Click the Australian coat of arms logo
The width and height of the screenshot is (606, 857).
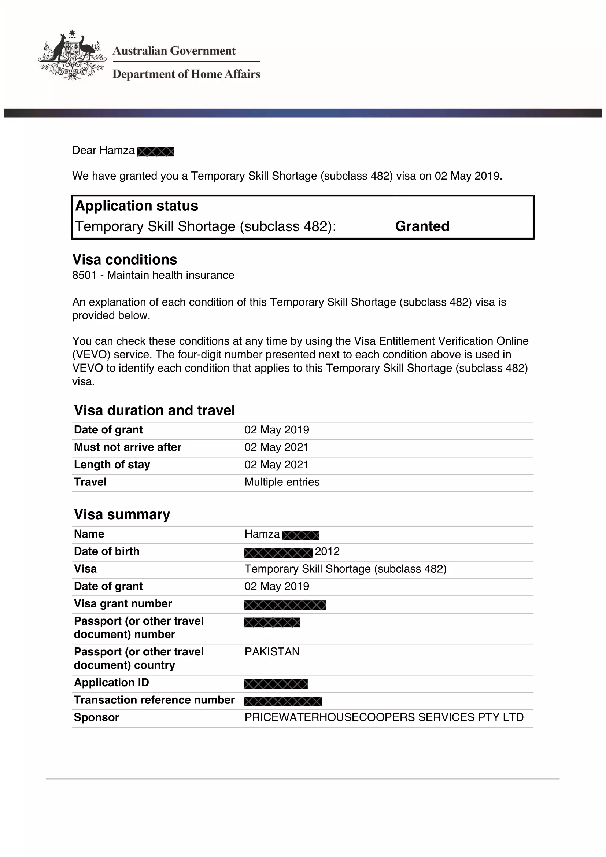[x=71, y=55]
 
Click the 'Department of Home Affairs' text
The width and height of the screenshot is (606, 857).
[x=186, y=74]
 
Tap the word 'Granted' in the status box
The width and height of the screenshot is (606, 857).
[x=422, y=226]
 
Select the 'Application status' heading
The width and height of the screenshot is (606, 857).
[x=137, y=206]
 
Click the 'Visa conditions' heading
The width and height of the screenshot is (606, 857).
[x=125, y=260]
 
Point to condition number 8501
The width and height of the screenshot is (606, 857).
[x=84, y=276]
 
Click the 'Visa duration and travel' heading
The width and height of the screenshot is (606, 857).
[x=155, y=411]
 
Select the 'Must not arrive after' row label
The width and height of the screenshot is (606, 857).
[x=128, y=447]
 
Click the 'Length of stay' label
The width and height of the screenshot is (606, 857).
[x=112, y=465]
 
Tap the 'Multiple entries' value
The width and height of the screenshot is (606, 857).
[x=282, y=482]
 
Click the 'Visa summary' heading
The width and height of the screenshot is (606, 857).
[x=122, y=515]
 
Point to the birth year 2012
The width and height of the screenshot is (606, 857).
[x=327, y=552]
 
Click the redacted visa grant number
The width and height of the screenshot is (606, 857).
[x=285, y=605]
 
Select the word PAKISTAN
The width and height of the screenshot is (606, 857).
[x=272, y=652]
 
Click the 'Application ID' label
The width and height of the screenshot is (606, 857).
[x=112, y=683]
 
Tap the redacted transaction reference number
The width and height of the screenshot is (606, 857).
[x=283, y=702]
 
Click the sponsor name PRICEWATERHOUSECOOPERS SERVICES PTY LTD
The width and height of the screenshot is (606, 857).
[x=384, y=717]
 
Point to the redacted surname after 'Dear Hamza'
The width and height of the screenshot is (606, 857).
[x=156, y=152]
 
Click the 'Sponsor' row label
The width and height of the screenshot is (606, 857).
[x=96, y=717]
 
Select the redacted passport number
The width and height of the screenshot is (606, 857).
[x=272, y=623]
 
